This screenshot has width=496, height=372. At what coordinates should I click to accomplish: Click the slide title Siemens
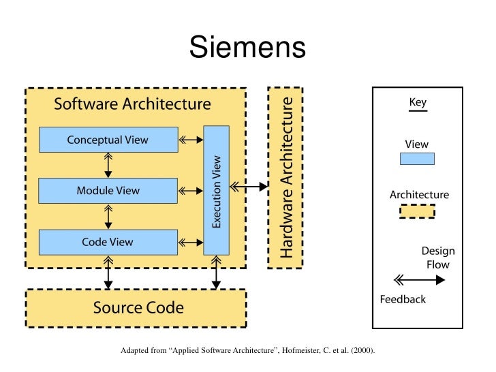(x=247, y=48)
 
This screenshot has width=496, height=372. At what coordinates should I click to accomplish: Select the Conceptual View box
(x=108, y=140)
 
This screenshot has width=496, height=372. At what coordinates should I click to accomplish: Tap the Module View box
(x=108, y=191)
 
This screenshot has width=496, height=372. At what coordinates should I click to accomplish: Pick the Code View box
(x=108, y=242)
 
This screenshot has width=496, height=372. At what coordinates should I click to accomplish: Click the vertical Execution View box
(x=217, y=191)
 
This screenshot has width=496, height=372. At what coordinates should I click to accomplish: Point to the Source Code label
(x=138, y=307)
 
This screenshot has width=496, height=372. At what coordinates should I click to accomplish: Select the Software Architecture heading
(x=132, y=104)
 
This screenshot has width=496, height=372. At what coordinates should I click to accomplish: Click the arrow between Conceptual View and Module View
(x=108, y=166)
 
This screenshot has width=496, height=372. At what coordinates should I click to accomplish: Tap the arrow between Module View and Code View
(x=108, y=217)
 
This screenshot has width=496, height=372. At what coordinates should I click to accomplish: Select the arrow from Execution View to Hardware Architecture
(x=249, y=186)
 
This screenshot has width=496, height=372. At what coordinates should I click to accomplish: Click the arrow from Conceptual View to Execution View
(x=191, y=140)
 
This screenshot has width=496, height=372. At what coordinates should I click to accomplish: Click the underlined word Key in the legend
(x=417, y=104)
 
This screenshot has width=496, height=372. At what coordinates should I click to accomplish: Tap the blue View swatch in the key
(x=416, y=159)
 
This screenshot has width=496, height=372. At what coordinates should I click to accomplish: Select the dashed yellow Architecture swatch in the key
(x=416, y=211)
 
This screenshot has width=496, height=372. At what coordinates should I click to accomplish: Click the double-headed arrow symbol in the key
(x=417, y=278)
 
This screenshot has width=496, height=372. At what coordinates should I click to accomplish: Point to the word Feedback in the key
(x=403, y=299)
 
